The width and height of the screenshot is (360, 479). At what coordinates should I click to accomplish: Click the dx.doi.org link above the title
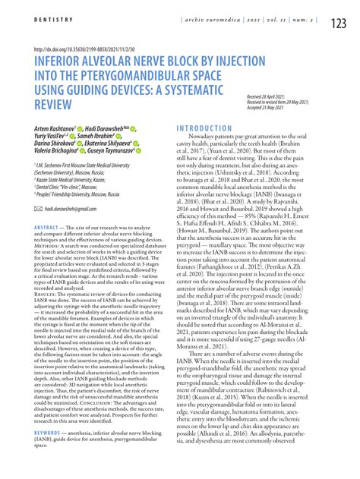coord(88,49)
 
